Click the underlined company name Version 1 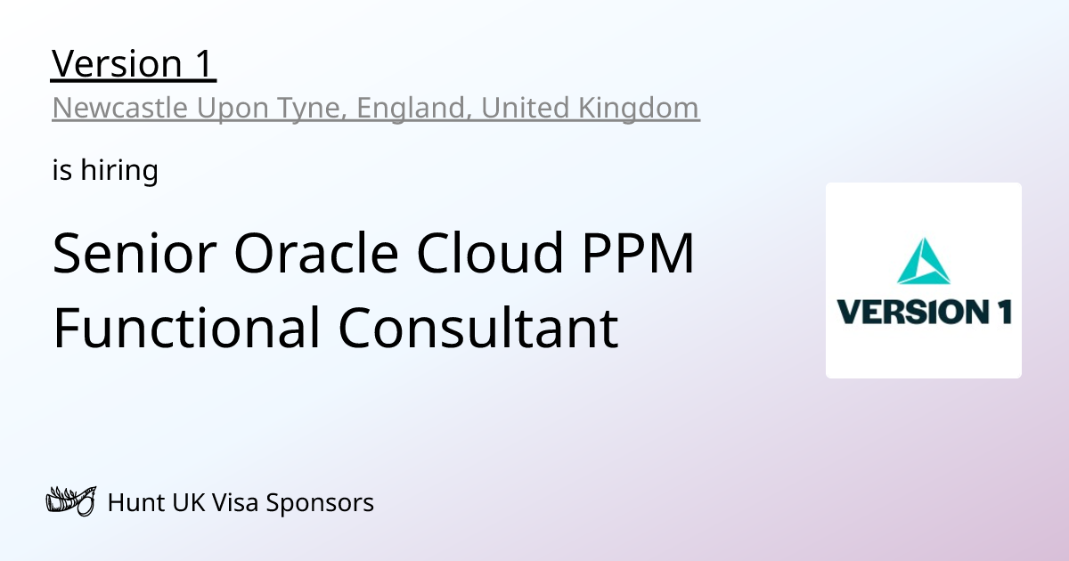(134, 64)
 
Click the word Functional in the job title (186, 327)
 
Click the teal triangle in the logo (923, 260)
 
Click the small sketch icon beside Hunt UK (69, 502)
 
